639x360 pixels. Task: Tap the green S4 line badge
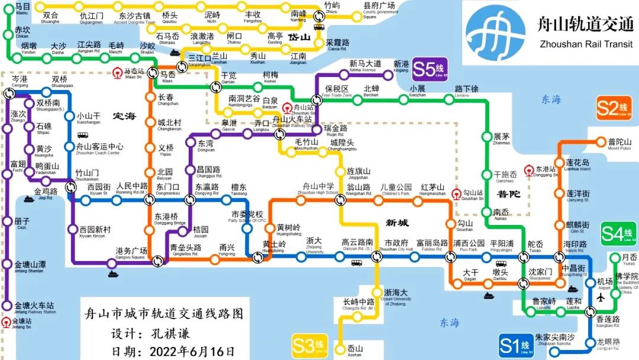pos(618,233)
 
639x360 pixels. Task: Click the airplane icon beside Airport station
pos(603,297)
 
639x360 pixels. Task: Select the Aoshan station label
pos(355,351)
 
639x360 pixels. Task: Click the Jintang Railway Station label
pos(35,308)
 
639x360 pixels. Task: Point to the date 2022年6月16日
pos(191,351)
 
